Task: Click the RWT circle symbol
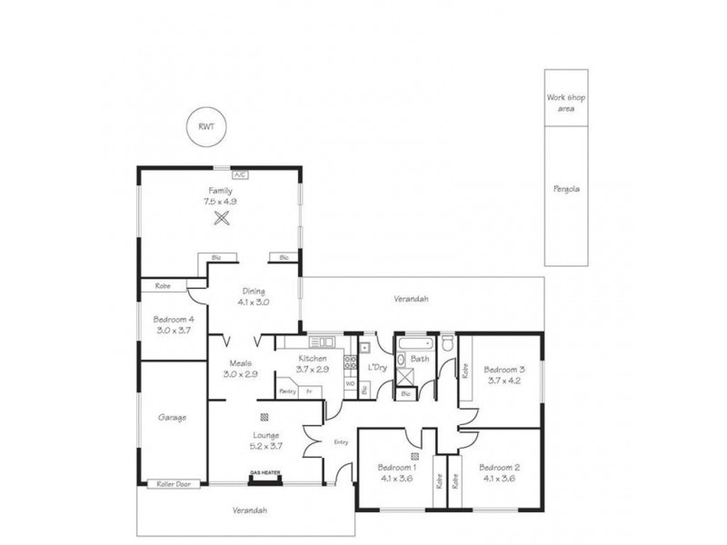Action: click(x=208, y=127)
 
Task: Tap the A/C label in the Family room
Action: click(x=240, y=173)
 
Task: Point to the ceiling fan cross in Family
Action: click(x=220, y=218)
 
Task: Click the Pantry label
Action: click(x=289, y=391)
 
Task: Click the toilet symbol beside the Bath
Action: click(x=446, y=344)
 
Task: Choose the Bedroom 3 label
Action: click(x=504, y=370)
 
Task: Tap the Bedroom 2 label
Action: click(x=501, y=467)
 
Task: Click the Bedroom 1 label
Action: click(x=396, y=467)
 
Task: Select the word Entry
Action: click(x=342, y=442)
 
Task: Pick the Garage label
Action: click(x=172, y=418)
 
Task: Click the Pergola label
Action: click(x=565, y=190)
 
